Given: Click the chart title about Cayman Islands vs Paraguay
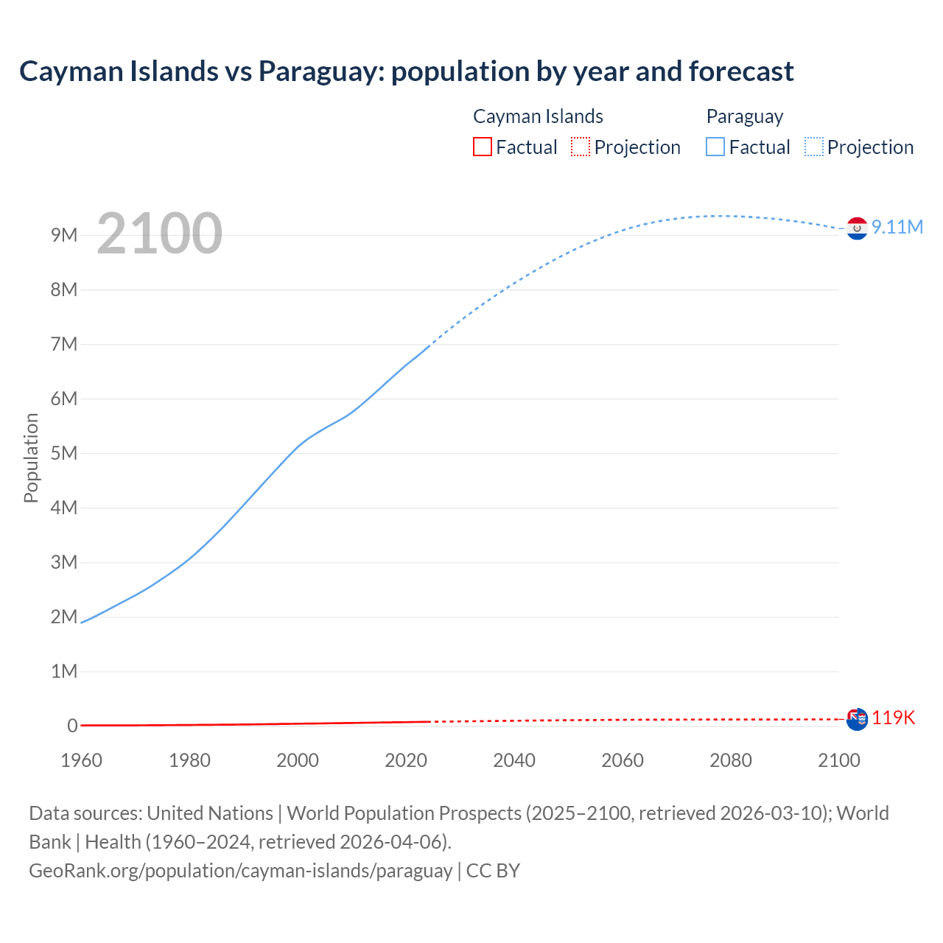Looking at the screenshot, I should [x=406, y=71].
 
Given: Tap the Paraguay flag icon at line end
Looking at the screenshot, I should [x=857, y=228].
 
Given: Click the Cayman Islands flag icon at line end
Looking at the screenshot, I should [x=857, y=719].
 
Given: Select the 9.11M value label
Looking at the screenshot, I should [x=897, y=227].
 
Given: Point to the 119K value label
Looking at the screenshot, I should [x=894, y=718].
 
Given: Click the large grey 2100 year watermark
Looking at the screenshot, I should [x=159, y=234].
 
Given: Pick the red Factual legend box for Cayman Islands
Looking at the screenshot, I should [x=483, y=147].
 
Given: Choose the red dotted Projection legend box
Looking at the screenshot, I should [x=581, y=147].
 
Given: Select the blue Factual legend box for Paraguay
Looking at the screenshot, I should [x=715, y=147].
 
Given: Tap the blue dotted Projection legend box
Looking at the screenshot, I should [x=814, y=147].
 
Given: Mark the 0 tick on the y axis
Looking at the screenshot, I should [x=72, y=726].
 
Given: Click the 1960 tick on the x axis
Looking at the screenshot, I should [x=81, y=760].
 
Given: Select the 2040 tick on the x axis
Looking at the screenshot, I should [x=514, y=760].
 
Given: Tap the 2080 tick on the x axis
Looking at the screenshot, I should [x=731, y=760].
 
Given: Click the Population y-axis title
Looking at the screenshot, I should [x=31, y=458].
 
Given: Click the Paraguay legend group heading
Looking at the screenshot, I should [x=744, y=116].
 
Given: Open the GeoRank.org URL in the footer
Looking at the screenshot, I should [x=240, y=871].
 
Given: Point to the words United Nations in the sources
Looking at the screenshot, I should [x=210, y=813].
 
